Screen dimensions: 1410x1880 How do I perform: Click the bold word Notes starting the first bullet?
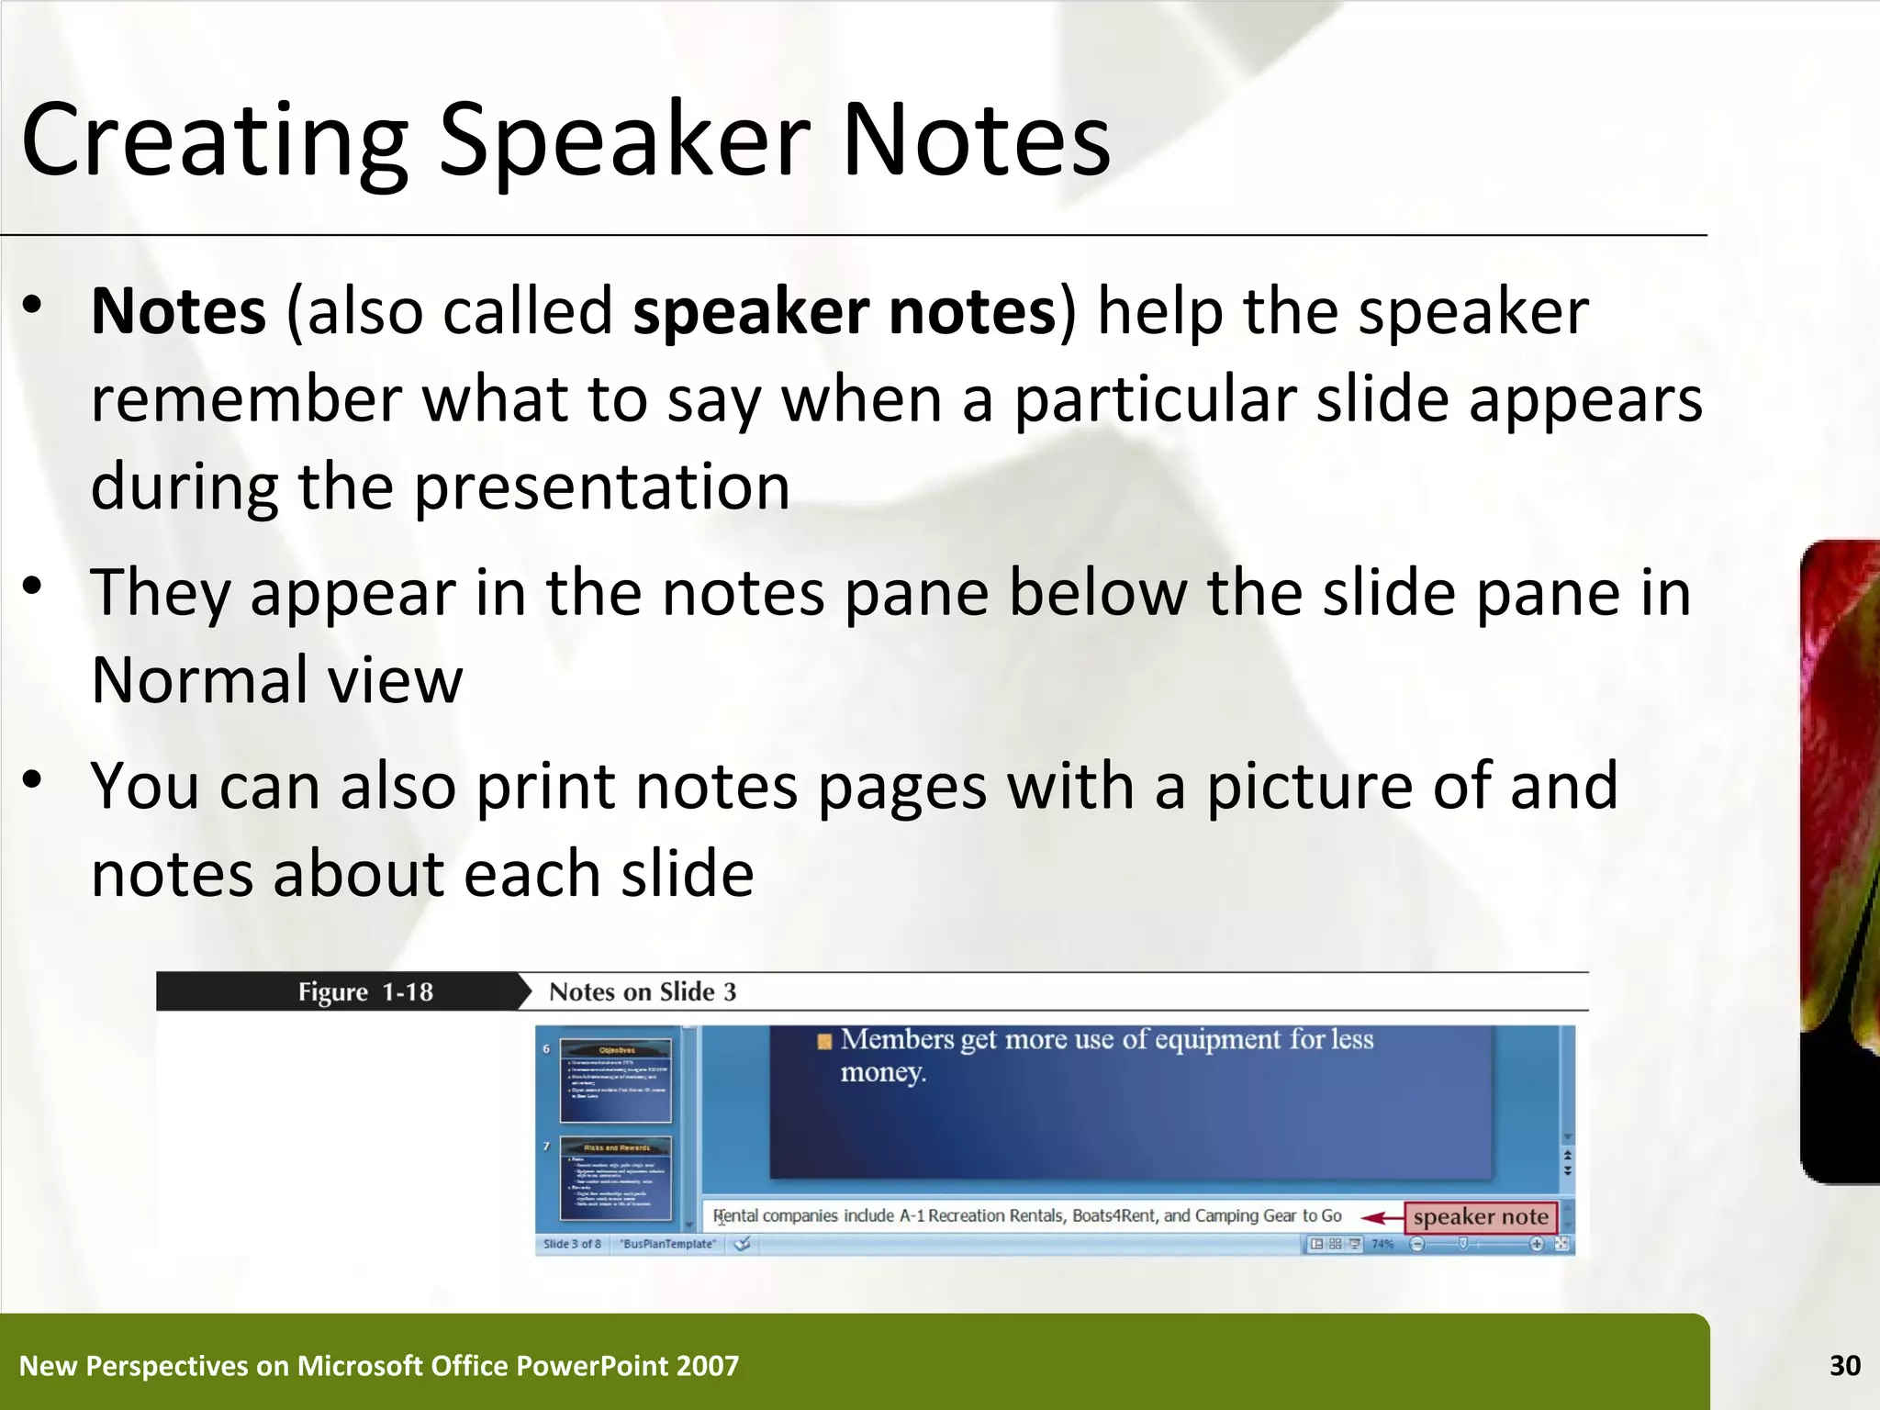(179, 311)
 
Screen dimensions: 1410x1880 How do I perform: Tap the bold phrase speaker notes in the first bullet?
(845, 311)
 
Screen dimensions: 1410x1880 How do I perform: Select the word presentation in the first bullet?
(601, 486)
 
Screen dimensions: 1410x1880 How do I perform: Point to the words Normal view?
(276, 680)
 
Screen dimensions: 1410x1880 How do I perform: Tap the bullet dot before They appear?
(33, 586)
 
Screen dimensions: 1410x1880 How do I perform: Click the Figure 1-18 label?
(364, 992)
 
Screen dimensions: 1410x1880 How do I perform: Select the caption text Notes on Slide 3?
(642, 992)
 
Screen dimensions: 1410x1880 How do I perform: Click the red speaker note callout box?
(1480, 1217)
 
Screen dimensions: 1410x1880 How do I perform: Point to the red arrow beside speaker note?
(1381, 1218)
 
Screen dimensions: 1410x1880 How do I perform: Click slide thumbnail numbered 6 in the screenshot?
(616, 1080)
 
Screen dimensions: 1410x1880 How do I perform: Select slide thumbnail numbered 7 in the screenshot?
(616, 1178)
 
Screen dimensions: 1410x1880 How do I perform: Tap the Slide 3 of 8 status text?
(572, 1244)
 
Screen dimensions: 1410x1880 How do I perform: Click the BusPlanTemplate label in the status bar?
(668, 1244)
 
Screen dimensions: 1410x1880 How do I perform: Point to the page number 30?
(1844, 1366)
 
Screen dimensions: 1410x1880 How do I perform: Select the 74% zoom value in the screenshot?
(1382, 1244)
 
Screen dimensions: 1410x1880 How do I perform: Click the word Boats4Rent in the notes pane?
(1115, 1216)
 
